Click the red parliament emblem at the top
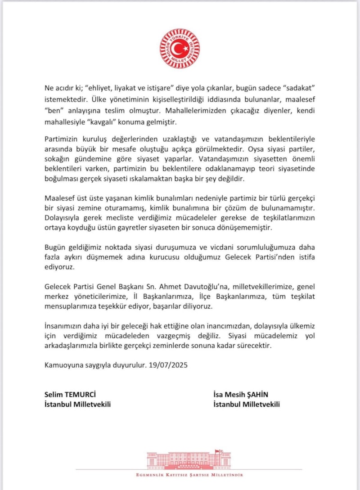click(180, 49)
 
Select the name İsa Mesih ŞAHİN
click(247, 395)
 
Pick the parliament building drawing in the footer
click(189, 460)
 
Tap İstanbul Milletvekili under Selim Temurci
click(77, 404)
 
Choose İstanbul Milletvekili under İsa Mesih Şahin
click(247, 404)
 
